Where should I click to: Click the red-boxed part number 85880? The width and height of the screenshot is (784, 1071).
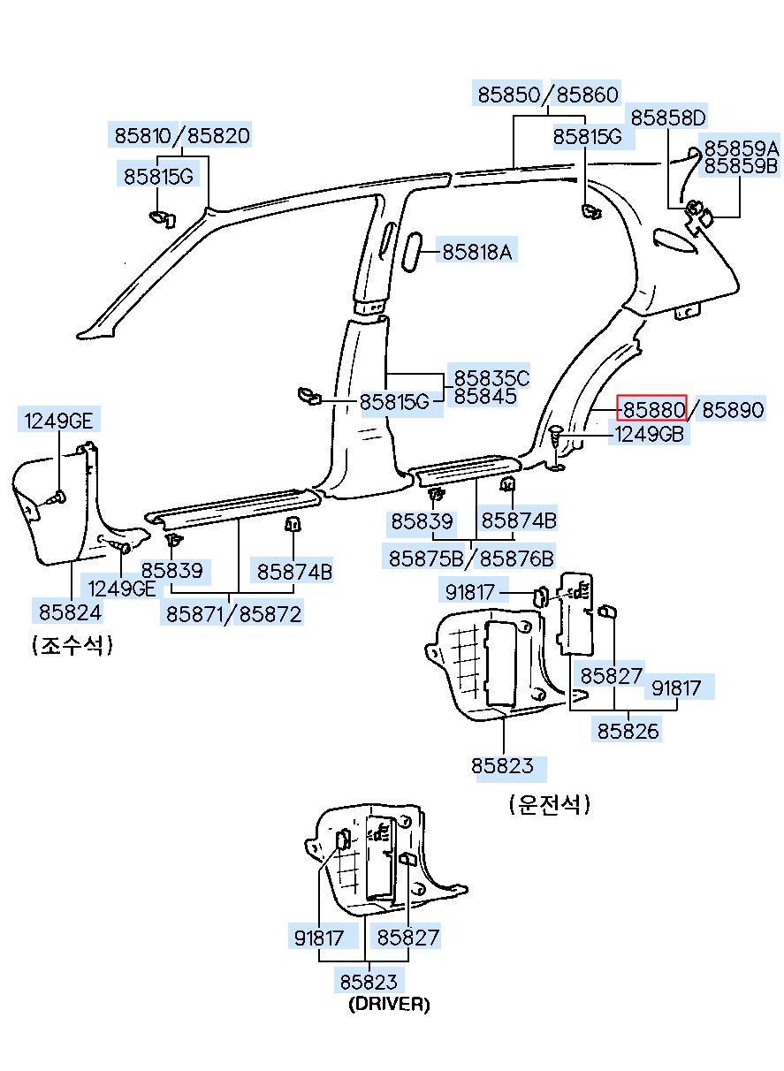click(654, 409)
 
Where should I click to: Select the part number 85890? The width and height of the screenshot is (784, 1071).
click(733, 409)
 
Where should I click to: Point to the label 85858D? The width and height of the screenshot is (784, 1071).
click(668, 118)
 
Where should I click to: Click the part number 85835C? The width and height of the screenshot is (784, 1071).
click(491, 377)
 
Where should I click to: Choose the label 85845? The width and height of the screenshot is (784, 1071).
click(485, 396)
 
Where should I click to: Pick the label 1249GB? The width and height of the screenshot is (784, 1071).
click(649, 434)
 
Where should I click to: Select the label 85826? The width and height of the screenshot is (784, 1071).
click(628, 731)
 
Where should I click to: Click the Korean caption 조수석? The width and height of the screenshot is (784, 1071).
click(72, 646)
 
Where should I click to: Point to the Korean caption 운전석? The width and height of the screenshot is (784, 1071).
click(550, 804)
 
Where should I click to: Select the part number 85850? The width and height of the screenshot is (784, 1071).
click(509, 95)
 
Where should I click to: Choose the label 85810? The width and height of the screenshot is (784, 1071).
click(143, 136)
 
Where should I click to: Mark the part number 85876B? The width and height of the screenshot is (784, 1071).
click(516, 558)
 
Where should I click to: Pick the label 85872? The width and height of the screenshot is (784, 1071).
click(270, 614)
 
